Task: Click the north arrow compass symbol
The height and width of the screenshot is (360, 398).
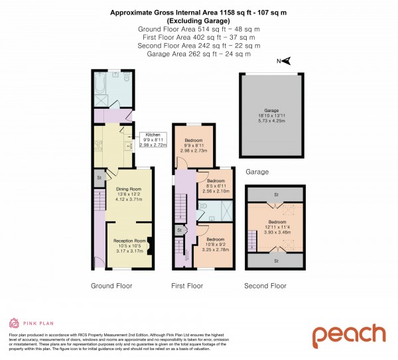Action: [287, 61]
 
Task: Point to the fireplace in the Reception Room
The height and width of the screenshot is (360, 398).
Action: [150, 245]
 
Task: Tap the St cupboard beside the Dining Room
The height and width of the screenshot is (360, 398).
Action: [99, 177]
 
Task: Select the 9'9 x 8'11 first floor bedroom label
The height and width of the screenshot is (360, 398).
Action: [194, 146]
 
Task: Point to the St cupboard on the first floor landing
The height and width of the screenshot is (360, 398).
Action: [179, 230]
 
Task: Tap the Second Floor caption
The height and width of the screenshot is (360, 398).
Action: [265, 286]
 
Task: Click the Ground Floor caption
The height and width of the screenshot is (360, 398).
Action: [111, 286]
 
